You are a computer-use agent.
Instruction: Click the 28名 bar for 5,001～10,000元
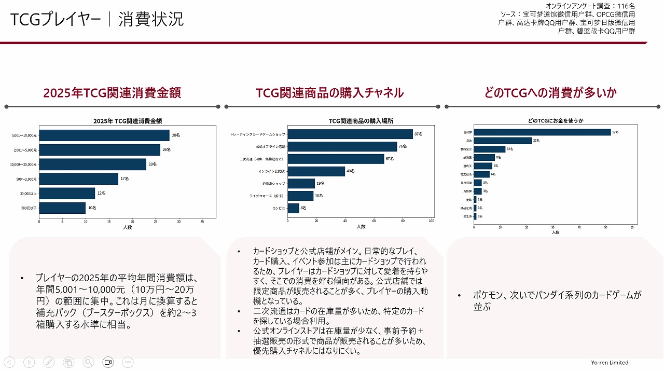pyautogui.click(x=104, y=135)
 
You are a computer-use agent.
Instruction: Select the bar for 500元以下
pyautogui.click(x=62, y=208)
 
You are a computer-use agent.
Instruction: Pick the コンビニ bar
pyautogui.click(x=294, y=208)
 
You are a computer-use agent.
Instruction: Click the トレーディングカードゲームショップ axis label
pyautogui.click(x=257, y=134)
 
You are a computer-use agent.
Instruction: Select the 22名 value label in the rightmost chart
pyautogui.click(x=536, y=141)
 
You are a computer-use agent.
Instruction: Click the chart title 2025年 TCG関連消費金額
pyautogui.click(x=128, y=121)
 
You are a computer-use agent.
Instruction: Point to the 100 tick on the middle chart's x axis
pyautogui.click(x=431, y=222)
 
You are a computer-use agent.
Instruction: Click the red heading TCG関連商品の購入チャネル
pyautogui.click(x=329, y=93)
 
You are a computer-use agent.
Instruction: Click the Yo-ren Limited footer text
pyautogui.click(x=610, y=363)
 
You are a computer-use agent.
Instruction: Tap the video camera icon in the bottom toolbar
pyautogui.click(x=108, y=362)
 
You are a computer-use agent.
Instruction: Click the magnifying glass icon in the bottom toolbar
pyautogui.click(x=88, y=362)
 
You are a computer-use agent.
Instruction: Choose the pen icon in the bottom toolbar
pyautogui.click(x=49, y=362)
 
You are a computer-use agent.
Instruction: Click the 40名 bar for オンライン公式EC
pyautogui.click(x=316, y=171)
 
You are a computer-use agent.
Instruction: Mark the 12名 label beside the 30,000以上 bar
pyautogui.click(x=101, y=193)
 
